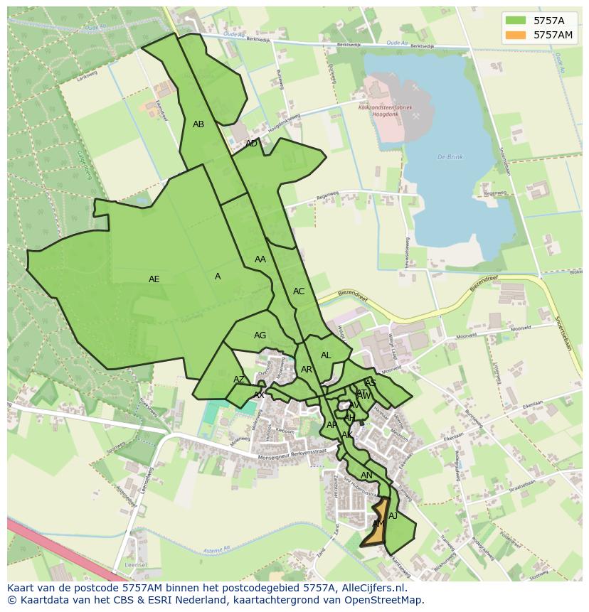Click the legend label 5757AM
pyautogui.click(x=553, y=35)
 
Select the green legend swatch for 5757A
pyautogui.click(x=516, y=21)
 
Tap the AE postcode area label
pyautogui.click(x=154, y=279)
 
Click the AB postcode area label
pyautogui.click(x=198, y=124)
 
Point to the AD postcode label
pyautogui.click(x=251, y=144)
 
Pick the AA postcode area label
pyautogui.click(x=260, y=259)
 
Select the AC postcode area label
pyautogui.click(x=299, y=291)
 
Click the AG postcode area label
pyautogui.click(x=260, y=335)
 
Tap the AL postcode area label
pyautogui.click(x=326, y=355)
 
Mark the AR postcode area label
pyautogui.click(x=307, y=370)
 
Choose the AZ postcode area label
pyautogui.click(x=239, y=380)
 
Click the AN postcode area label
pyautogui.click(x=366, y=476)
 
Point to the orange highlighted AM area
pyautogui.click(x=378, y=524)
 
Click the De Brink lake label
pyautogui.click(x=450, y=156)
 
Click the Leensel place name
pyautogui.click(x=135, y=564)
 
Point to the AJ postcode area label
pyautogui.click(x=393, y=516)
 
